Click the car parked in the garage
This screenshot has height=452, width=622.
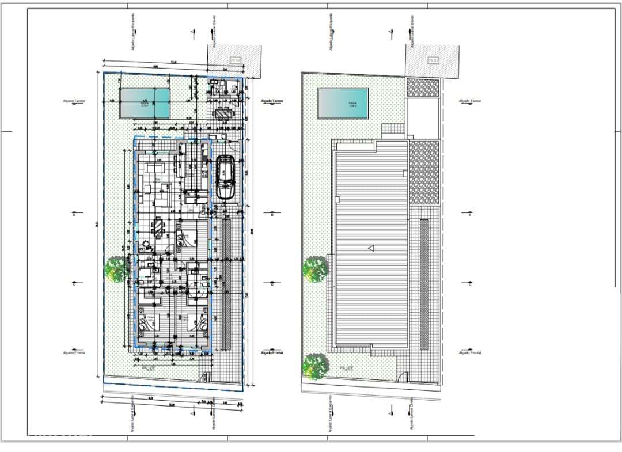pyautogui.click(x=225, y=178)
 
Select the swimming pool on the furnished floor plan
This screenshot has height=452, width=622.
pyautogui.click(x=145, y=102)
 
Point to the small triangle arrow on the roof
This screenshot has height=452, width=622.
pyautogui.click(x=371, y=248)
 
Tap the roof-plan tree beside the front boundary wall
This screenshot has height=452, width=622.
pyautogui.click(x=314, y=365)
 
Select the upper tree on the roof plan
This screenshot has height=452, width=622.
pyautogui.click(x=316, y=269)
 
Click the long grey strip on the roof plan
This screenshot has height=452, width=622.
pyautogui.click(x=424, y=284)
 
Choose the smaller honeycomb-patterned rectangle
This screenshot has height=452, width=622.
pyautogui.click(x=424, y=88)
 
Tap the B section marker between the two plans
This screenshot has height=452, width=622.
pyautogui.click(x=272, y=214)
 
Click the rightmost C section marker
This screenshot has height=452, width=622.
pyautogui.click(x=469, y=284)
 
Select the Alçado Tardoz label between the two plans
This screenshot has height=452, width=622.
pyautogui.click(x=272, y=101)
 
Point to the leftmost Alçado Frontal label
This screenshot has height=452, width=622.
pyautogui.click(x=74, y=352)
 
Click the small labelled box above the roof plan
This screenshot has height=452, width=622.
pyautogui.click(x=433, y=60)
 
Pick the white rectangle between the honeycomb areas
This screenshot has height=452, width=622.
pyautogui.click(x=424, y=118)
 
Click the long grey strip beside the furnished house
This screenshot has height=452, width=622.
pyautogui.click(x=226, y=284)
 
